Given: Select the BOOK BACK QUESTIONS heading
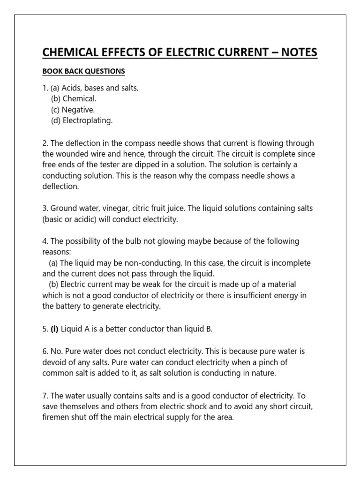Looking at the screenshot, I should pos(83,72).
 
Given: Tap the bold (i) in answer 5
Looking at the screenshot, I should pos(54,329).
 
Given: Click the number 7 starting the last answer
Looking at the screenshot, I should pos(45,395).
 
